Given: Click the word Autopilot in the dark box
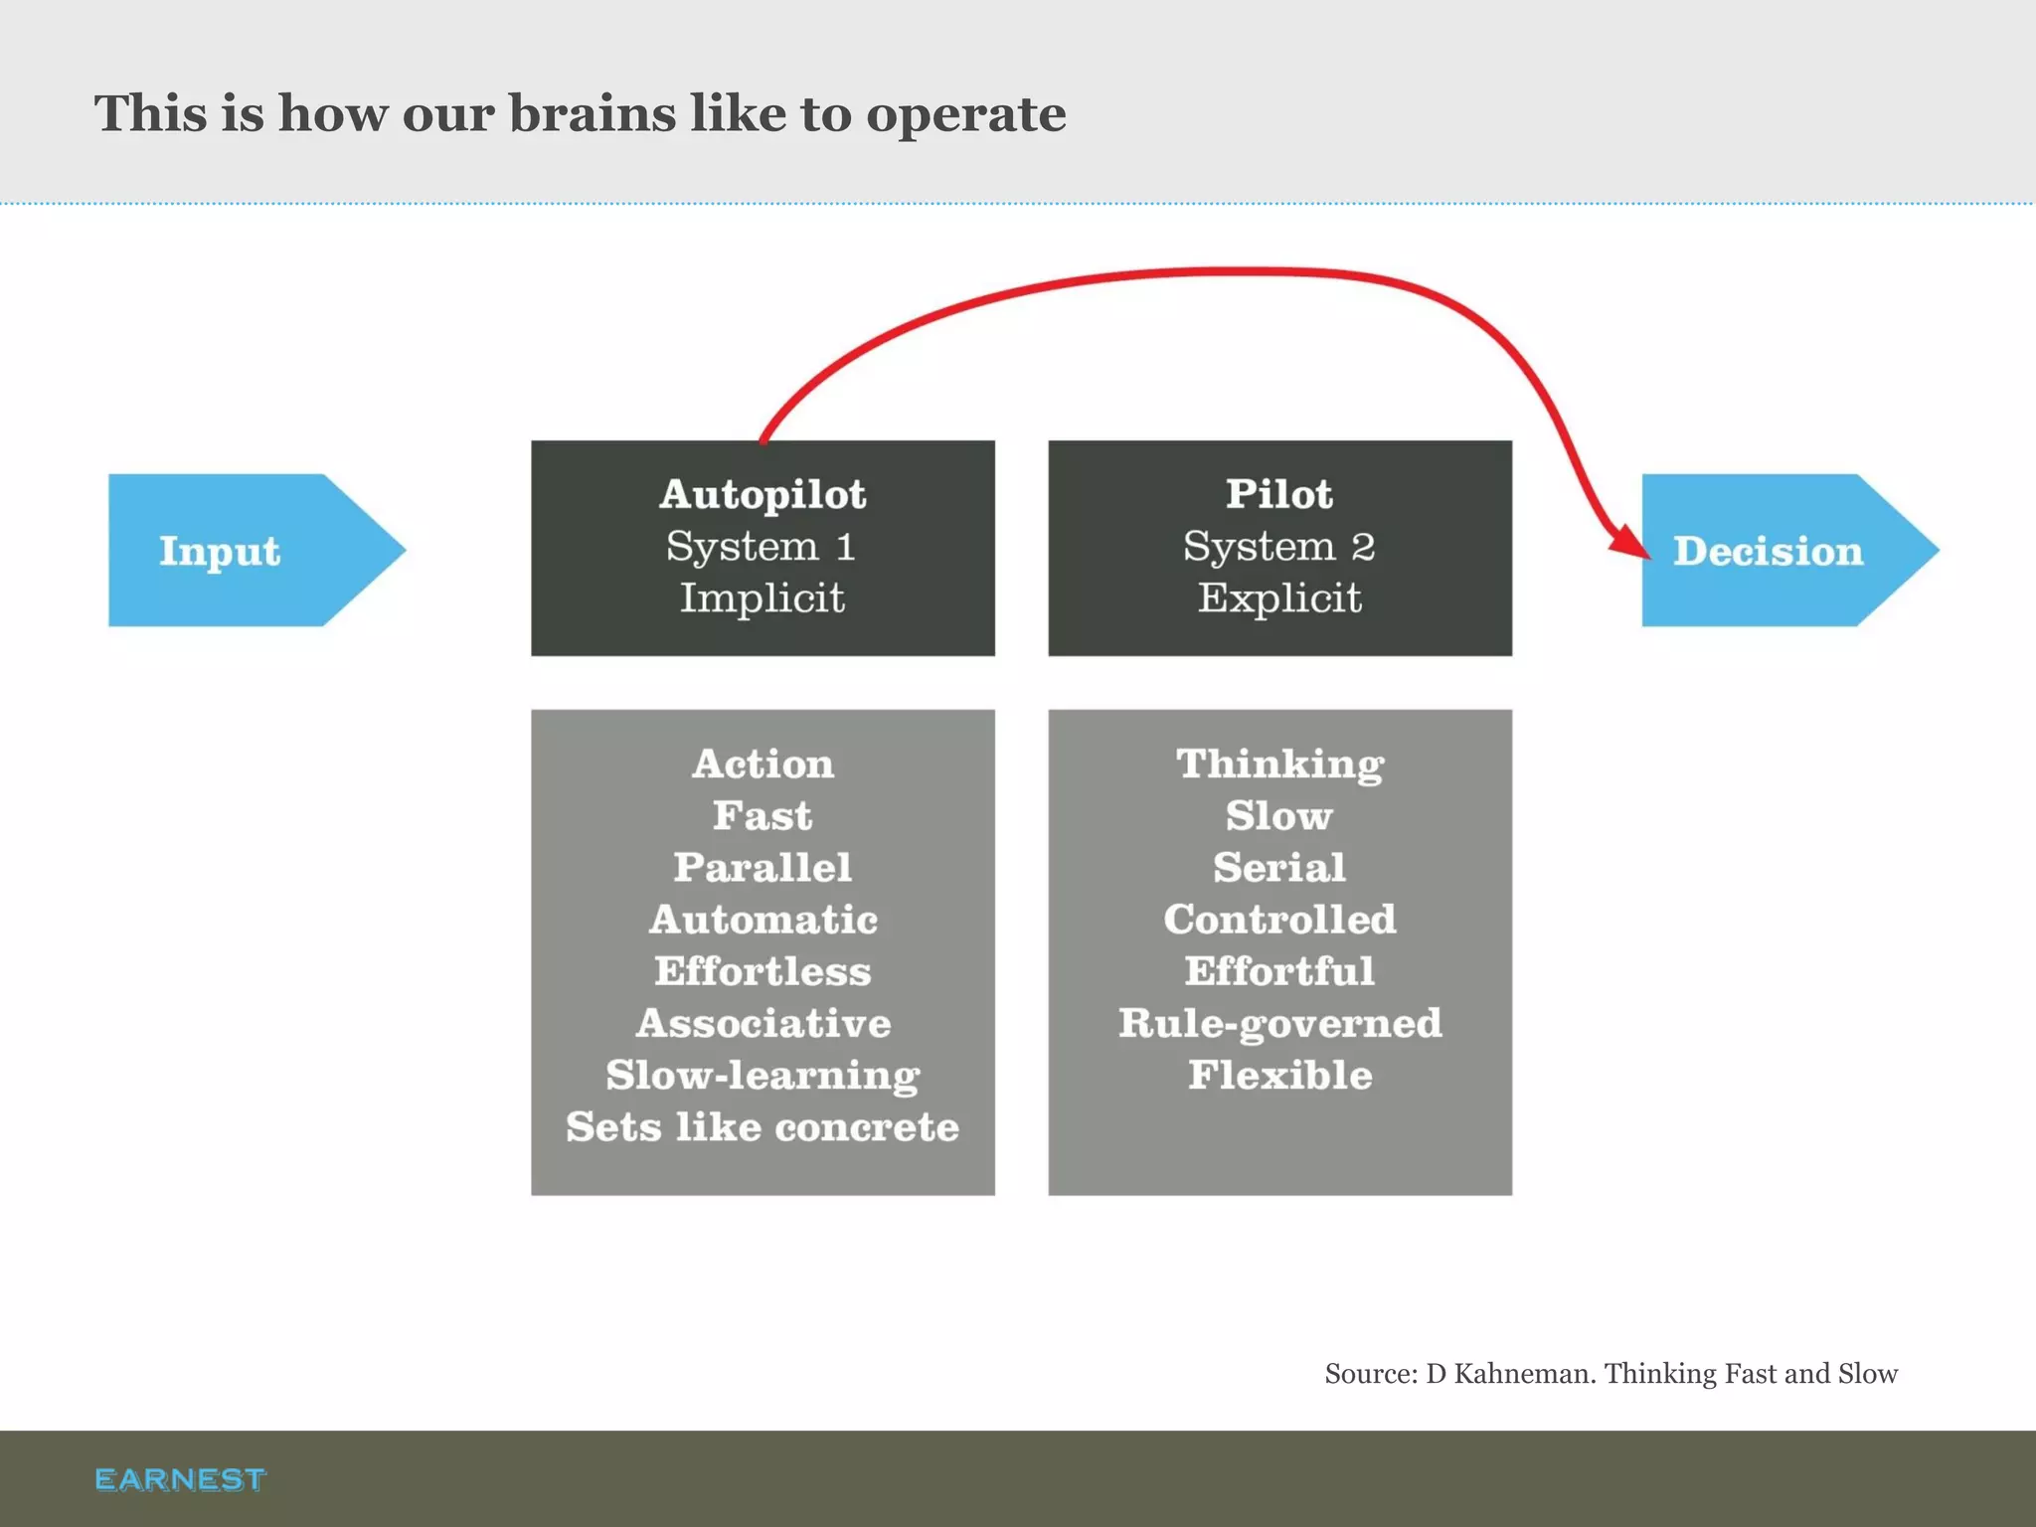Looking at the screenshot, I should pyautogui.click(x=763, y=494).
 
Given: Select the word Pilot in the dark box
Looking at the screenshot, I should pyautogui.click(x=1278, y=494).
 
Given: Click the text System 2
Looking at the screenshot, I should pyautogui.click(x=1278, y=546).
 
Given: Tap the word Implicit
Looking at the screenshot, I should pyautogui.click(x=763, y=597).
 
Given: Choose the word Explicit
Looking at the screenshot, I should pyautogui.click(x=1279, y=597).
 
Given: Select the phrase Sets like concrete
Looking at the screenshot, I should pyautogui.click(x=763, y=1126).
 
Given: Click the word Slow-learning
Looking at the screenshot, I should pyautogui.click(x=763, y=1075).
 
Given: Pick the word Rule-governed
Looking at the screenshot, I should pyautogui.click(x=1279, y=1023).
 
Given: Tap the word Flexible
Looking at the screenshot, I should pyautogui.click(x=1279, y=1075).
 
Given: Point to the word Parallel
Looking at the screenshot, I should pyautogui.click(x=763, y=867).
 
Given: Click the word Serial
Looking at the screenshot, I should pyautogui.click(x=1279, y=867).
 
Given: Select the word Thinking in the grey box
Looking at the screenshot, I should pyautogui.click(x=1279, y=763).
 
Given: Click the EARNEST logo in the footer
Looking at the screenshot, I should pyautogui.click(x=180, y=1479).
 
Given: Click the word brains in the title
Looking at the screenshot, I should pyautogui.click(x=593, y=113).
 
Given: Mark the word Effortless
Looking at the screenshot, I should pyautogui.click(x=763, y=971).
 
